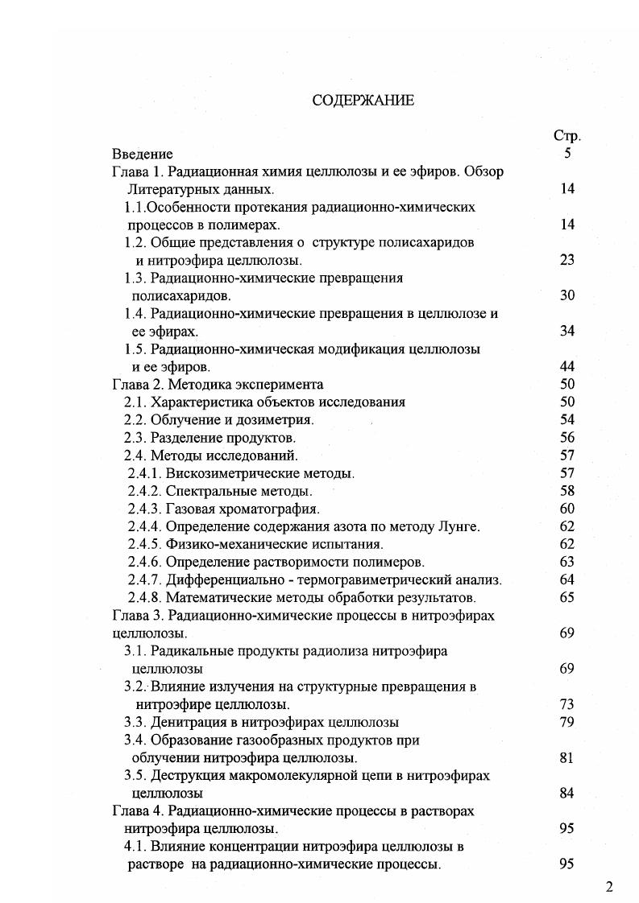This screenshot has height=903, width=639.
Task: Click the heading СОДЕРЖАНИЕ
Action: pyautogui.click(x=363, y=101)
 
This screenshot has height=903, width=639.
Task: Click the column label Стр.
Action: pyautogui.click(x=567, y=136)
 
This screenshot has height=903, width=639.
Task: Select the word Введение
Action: pyautogui.click(x=143, y=154)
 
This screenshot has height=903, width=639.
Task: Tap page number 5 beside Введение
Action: pyautogui.click(x=567, y=154)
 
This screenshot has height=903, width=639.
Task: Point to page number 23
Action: pyautogui.click(x=566, y=260)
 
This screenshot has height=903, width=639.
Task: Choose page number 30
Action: pyautogui.click(x=566, y=295)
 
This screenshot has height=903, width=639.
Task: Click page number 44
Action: pyautogui.click(x=566, y=367)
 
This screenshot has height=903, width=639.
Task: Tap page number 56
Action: pyautogui.click(x=566, y=438)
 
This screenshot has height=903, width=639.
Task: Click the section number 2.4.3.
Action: pyautogui.click(x=144, y=509)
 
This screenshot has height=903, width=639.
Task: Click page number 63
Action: pyautogui.click(x=566, y=562)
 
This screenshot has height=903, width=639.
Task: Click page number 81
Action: pyautogui.click(x=566, y=757)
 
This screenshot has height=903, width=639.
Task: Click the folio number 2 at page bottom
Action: pyautogui.click(x=609, y=888)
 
